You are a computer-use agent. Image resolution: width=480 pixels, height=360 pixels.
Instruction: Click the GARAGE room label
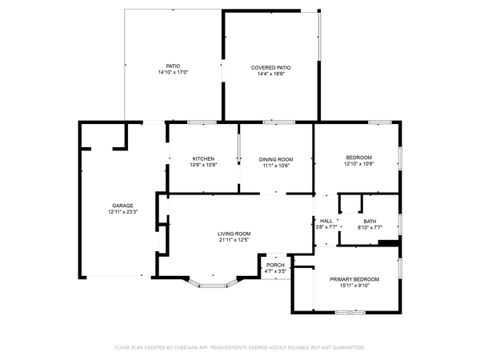(x=122, y=206)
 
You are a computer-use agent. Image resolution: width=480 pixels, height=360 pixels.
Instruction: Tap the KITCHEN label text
(x=203, y=158)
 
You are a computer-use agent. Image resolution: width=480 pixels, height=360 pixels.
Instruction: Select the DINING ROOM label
(x=276, y=159)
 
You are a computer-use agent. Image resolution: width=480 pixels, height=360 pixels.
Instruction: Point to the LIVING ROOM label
(x=234, y=234)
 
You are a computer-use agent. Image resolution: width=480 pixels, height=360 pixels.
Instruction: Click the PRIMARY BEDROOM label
(x=354, y=279)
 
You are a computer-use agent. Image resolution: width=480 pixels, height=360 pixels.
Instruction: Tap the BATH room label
(x=370, y=222)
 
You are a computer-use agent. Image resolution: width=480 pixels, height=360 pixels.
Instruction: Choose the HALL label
(x=326, y=221)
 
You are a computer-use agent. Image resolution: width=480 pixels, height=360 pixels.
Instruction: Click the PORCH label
(x=275, y=265)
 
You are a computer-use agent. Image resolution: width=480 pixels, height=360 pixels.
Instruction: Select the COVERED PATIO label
(x=270, y=68)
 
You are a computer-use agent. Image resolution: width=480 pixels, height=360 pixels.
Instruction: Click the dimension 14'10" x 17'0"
(x=173, y=72)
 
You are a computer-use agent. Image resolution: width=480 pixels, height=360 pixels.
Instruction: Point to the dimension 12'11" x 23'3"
(x=122, y=212)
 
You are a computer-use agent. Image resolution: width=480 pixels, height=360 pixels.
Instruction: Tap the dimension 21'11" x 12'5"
(x=234, y=240)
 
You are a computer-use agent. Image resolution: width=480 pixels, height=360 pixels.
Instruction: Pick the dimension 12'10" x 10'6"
(x=358, y=164)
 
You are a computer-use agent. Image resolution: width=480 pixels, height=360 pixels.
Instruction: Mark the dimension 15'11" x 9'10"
(x=354, y=286)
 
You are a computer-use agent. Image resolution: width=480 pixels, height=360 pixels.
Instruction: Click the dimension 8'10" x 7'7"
(x=370, y=227)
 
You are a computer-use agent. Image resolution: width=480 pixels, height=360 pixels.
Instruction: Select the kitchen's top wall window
(x=202, y=122)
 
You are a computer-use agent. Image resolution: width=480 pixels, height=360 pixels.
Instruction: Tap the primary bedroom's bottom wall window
(x=350, y=312)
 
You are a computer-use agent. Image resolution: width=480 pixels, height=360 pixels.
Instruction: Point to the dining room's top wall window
(x=279, y=122)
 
